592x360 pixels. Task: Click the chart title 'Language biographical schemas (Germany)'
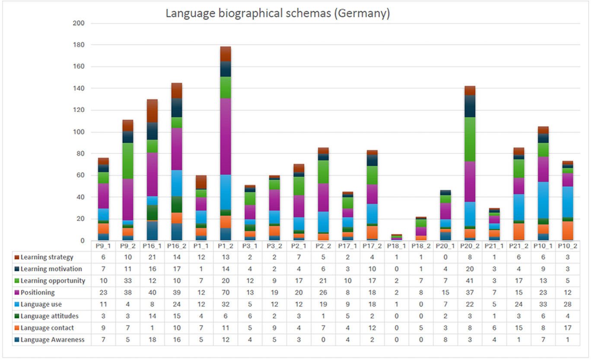click(278, 13)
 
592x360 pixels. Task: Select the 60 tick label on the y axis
click(80, 175)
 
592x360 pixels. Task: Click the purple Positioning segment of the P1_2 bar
click(226, 136)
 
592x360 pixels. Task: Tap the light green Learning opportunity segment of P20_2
click(471, 139)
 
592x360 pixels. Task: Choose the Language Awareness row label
click(52, 340)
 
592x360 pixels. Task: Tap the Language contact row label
click(47, 328)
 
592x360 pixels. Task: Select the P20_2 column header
click(470, 245)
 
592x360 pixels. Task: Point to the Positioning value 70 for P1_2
click(226, 293)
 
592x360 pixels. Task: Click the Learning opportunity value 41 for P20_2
click(470, 281)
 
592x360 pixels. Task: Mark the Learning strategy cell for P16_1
click(152, 258)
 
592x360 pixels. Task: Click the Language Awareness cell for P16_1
click(152, 340)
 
